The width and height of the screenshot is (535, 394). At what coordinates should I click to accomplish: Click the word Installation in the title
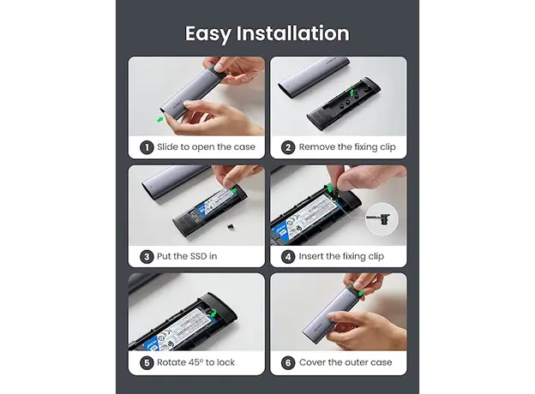tap(292, 33)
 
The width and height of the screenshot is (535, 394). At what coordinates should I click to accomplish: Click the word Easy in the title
tap(207, 34)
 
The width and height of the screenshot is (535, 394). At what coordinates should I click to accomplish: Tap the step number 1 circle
tap(147, 147)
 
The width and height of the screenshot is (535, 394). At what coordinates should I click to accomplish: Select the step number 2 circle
tap(288, 147)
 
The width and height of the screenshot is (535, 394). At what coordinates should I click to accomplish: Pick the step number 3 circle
tap(147, 256)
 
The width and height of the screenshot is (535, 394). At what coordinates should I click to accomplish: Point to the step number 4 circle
tap(288, 256)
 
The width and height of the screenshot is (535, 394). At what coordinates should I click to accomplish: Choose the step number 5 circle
tap(147, 362)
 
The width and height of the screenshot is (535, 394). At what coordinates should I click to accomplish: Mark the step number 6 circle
tap(288, 362)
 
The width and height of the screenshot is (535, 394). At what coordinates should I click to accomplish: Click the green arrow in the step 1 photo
tap(160, 119)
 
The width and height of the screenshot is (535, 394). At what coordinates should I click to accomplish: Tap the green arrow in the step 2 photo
tap(352, 93)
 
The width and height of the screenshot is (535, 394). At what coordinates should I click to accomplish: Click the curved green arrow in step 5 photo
tap(213, 313)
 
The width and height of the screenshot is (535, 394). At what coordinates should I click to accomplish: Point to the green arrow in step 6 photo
tap(360, 294)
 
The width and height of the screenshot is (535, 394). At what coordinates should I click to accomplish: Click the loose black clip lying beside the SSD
tap(231, 225)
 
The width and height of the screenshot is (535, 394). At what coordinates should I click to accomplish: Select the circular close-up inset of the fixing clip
tap(382, 219)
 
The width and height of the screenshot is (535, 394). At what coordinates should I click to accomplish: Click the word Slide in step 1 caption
tap(167, 147)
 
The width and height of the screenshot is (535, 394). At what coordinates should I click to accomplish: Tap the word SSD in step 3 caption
tap(198, 256)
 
